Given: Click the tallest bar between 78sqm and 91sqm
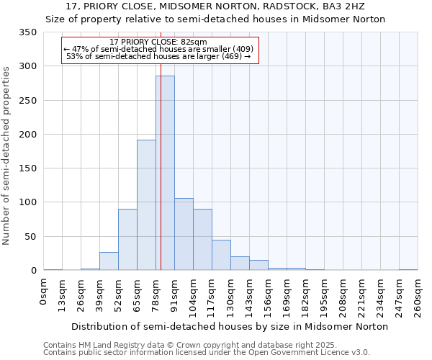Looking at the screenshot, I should (x=165, y=173).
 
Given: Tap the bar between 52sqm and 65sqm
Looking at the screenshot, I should (x=127, y=240).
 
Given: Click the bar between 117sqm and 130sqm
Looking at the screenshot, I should (x=221, y=255).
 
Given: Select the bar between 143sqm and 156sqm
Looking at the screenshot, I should (x=258, y=265).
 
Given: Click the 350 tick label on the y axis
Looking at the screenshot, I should (x=27, y=32).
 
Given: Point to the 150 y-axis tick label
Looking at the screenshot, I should (x=27, y=168).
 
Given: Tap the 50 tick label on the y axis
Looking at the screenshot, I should (x=30, y=237).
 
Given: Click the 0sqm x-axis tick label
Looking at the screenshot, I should (x=45, y=291).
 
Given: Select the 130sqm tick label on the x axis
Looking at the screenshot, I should (x=231, y=294).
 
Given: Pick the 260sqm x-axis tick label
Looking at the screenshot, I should (x=418, y=294).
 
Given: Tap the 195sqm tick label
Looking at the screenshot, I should (x=325, y=294).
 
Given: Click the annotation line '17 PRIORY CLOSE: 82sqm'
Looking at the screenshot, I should (x=158, y=42).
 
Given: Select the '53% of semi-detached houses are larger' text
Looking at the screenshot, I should (x=158, y=56).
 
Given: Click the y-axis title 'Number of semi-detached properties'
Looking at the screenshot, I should (x=6, y=155).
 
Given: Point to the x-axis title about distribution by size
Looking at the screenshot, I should (x=230, y=326).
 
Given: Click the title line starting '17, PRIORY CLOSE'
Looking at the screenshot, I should (x=215, y=6).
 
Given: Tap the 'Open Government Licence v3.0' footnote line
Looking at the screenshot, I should (x=207, y=353).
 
